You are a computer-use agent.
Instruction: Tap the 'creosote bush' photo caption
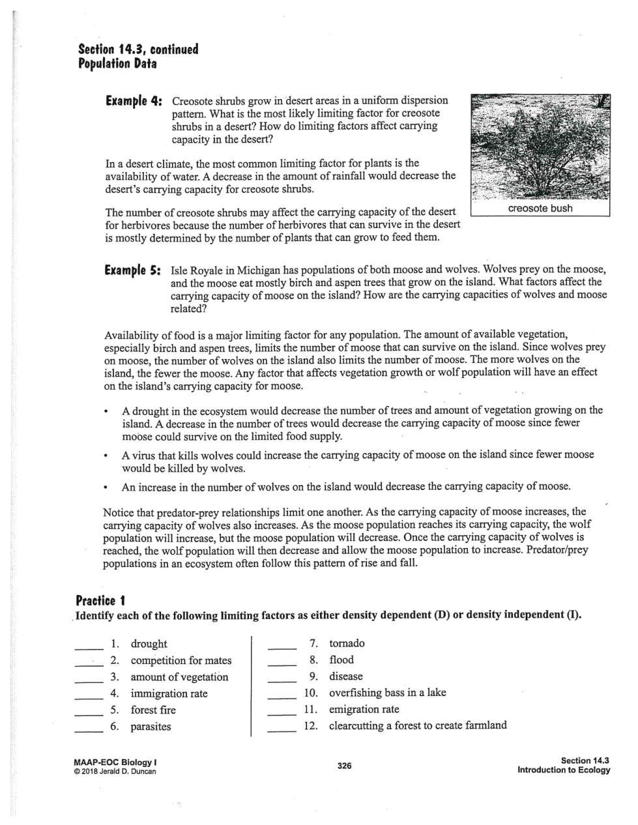pos(540,209)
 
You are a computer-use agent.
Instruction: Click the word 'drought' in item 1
pos(149,644)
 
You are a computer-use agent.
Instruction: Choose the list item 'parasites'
pos(151,727)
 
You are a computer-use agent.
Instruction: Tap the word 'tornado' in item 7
pos(347,643)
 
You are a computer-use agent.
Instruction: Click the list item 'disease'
pos(345,676)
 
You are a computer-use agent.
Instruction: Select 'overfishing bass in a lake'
pos(387,693)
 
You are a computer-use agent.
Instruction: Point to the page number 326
pos(344,766)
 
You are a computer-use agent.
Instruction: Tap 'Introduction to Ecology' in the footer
pos(563,770)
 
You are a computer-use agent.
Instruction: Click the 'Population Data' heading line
pos(117,64)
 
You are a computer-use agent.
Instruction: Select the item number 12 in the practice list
pos(310,726)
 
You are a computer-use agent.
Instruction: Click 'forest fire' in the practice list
pos(153,710)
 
